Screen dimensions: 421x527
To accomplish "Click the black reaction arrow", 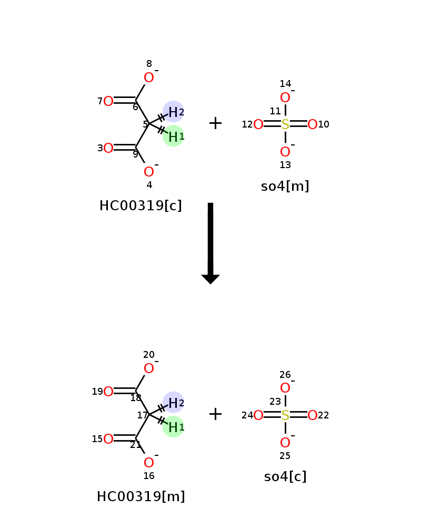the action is [210, 243].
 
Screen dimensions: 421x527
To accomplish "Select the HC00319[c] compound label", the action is [141, 206].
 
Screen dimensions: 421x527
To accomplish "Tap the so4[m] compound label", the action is [285, 186].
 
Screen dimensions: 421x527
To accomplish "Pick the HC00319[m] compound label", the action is [141, 496].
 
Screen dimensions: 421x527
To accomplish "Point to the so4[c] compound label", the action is [285, 476].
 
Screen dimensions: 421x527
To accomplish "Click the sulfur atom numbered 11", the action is [285, 124].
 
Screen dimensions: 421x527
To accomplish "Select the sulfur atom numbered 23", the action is [285, 415].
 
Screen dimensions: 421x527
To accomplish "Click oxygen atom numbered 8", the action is [149, 77].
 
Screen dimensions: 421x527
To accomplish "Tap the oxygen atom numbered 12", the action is [258, 124].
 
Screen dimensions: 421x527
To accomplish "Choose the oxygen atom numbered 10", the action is [313, 124].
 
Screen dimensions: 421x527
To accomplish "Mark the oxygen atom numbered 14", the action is [285, 97].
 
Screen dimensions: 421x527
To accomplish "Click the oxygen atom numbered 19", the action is [108, 392].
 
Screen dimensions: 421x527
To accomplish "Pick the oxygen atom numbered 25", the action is [285, 443].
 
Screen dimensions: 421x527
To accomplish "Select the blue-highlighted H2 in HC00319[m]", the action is [173, 402].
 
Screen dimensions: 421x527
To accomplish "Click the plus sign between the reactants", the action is [216, 123].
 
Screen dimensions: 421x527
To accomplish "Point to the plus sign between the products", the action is [216, 414].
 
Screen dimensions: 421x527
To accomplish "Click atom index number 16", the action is [149, 476].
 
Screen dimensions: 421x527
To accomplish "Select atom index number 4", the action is [149, 185].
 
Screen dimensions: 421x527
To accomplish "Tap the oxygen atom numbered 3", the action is [108, 148].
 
